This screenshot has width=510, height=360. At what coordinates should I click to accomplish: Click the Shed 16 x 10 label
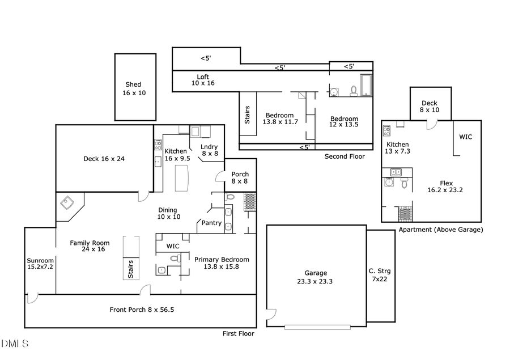click(134, 88)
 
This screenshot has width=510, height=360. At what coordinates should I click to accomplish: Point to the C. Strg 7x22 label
click(380, 275)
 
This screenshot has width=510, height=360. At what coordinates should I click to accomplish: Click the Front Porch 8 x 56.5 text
click(141, 310)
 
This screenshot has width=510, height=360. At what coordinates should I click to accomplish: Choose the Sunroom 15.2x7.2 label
click(40, 265)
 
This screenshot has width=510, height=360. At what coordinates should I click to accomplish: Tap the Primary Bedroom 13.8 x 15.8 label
click(222, 263)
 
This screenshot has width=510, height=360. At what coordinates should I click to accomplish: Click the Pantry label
click(211, 223)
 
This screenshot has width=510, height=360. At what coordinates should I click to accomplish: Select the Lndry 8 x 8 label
click(209, 150)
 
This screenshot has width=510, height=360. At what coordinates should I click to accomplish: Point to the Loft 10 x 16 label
click(203, 80)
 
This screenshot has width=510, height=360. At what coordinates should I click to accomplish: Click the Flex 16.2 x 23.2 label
click(445, 187)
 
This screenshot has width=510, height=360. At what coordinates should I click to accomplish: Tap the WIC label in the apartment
click(465, 137)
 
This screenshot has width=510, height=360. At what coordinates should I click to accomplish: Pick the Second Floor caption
click(345, 156)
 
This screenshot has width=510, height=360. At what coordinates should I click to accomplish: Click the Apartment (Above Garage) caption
click(440, 230)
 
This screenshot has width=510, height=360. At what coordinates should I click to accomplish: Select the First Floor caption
click(238, 334)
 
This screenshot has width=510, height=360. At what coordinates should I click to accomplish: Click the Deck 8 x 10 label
click(429, 106)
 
